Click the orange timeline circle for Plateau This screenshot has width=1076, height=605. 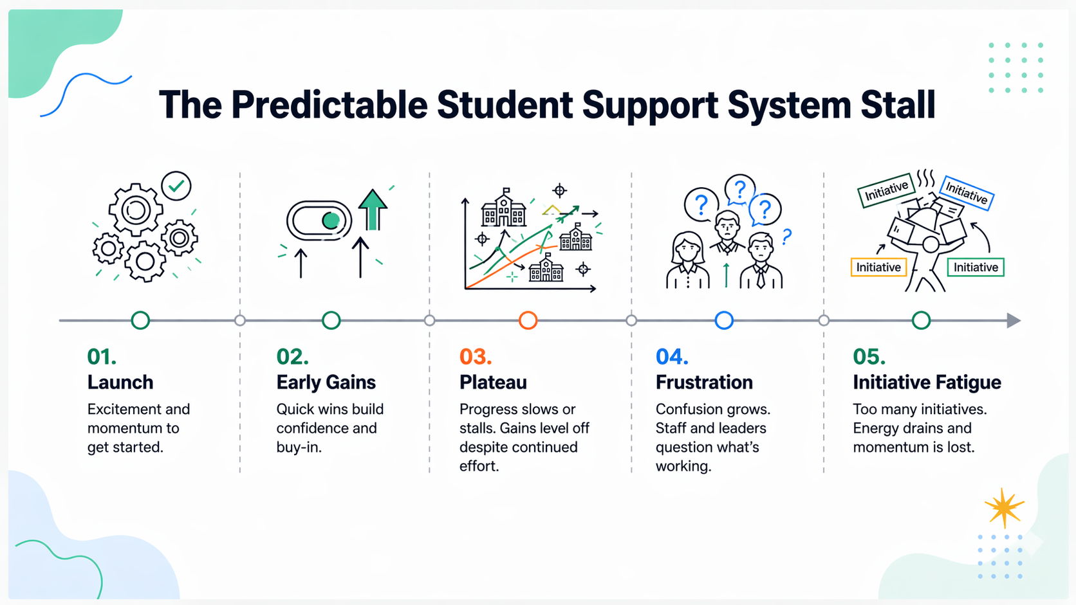528,320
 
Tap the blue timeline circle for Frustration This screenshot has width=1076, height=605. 724,320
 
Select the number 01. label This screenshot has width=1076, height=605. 102,357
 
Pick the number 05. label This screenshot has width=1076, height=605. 869,357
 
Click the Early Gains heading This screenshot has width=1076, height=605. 326,383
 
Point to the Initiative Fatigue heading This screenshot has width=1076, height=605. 927,383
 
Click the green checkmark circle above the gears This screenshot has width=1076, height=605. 176,186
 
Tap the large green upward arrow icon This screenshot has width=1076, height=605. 373,208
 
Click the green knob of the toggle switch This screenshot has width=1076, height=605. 331,221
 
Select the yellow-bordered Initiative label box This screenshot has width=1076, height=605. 878,267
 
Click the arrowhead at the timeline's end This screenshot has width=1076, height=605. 1014,320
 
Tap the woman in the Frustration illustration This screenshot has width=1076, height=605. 687,260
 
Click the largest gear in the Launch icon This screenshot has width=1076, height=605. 136,210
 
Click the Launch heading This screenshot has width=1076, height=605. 120,383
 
